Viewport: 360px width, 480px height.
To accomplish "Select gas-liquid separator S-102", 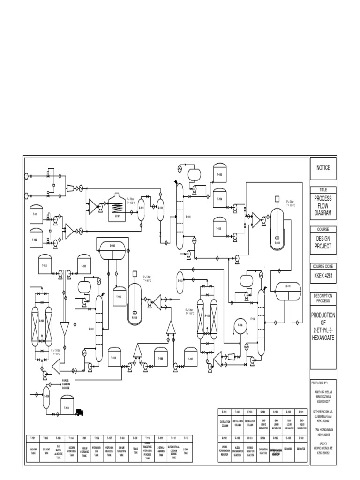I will point(160,208).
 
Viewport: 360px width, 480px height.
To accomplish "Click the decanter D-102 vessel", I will point(112,246).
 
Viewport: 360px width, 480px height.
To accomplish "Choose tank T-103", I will point(219,174).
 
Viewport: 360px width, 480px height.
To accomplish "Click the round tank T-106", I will point(240,326).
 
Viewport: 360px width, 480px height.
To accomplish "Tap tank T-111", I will point(84,265).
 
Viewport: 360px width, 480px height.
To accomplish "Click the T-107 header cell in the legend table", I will point(108,438).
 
